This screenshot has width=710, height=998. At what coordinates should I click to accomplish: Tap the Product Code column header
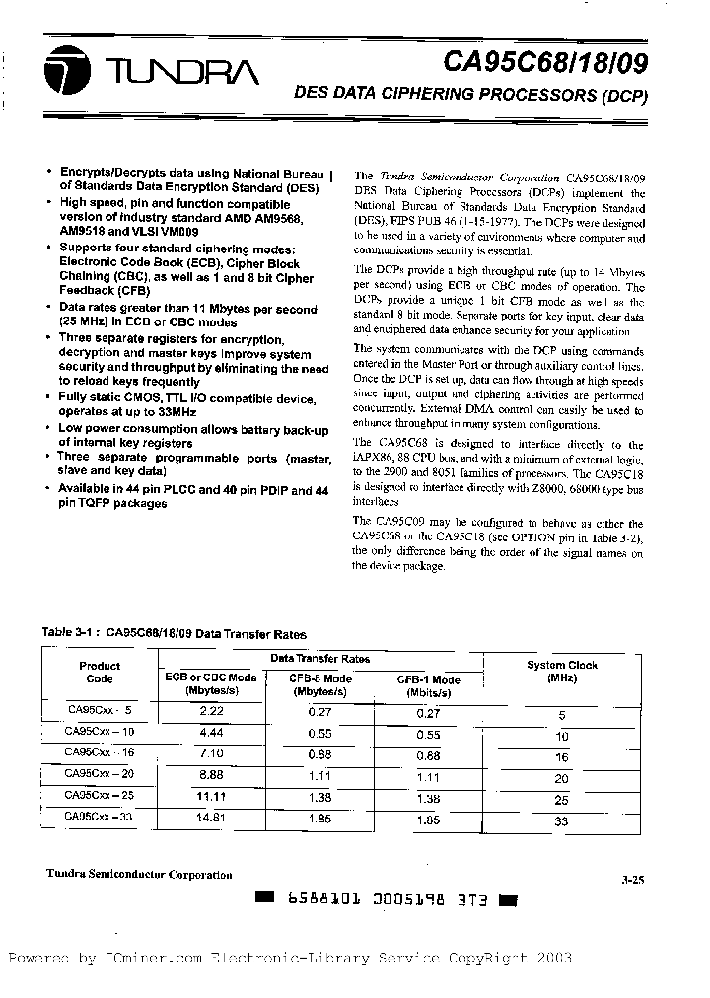pos(100,672)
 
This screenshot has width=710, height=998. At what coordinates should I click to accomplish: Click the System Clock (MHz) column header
pos(561,672)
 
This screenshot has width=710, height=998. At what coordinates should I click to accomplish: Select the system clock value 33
pos(562,820)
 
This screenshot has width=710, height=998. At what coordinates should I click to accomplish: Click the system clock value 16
pos(562,757)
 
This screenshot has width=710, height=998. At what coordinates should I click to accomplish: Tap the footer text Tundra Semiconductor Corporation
pos(139,874)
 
